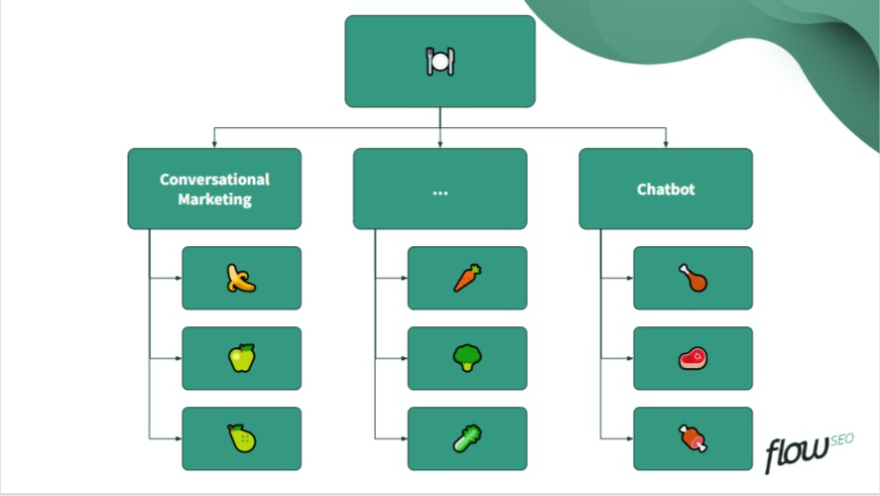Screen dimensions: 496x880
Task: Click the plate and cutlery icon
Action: [440, 62]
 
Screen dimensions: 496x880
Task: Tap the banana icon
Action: [241, 278]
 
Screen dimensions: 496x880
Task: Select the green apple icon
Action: [241, 358]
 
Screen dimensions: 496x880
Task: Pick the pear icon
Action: [241, 438]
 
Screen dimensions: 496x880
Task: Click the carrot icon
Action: [467, 278]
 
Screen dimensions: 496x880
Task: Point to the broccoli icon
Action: [467, 358]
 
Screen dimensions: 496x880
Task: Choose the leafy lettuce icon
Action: [467, 438]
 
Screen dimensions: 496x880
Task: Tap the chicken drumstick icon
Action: [693, 278]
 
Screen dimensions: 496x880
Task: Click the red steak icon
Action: [693, 358]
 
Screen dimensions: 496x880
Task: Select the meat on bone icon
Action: [693, 438]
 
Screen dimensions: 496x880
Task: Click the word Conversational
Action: [214, 180]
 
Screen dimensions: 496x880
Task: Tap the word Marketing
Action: [214, 199]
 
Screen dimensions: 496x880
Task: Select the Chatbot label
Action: [666, 188]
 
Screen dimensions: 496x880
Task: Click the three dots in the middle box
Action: [440, 190]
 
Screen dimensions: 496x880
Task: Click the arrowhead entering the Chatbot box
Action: [666, 144]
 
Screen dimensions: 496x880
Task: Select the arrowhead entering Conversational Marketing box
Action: [214, 144]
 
